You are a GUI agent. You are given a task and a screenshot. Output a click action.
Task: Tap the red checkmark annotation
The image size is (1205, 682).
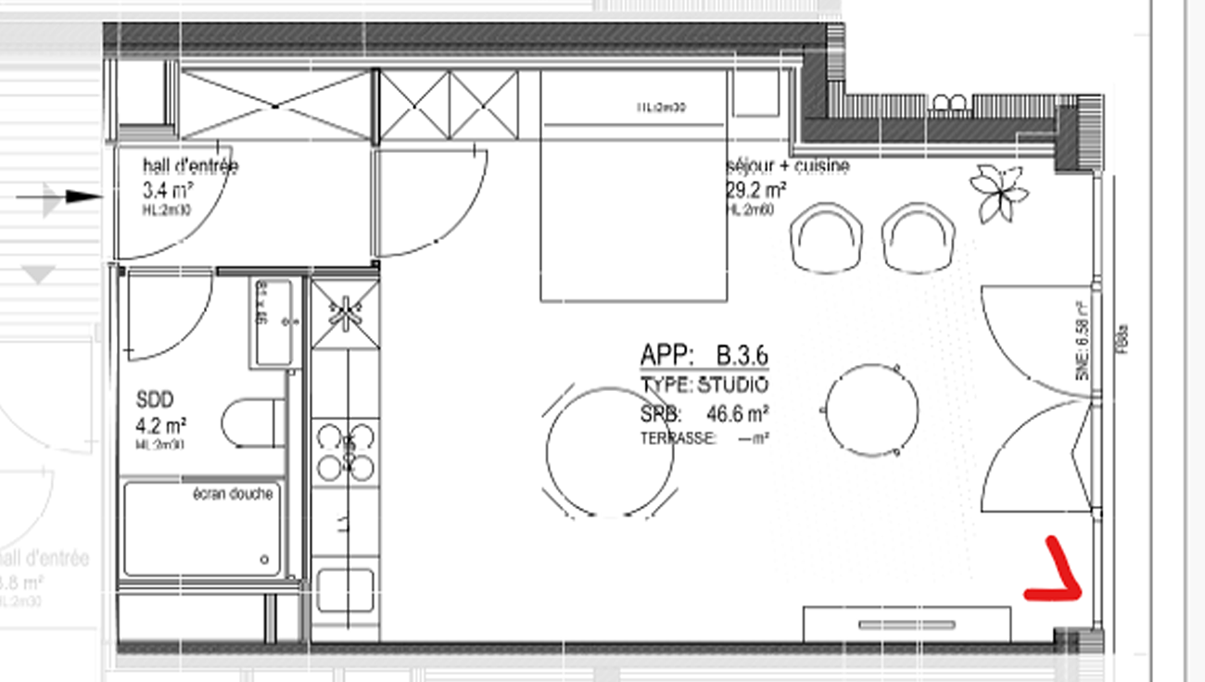coord(1054,575)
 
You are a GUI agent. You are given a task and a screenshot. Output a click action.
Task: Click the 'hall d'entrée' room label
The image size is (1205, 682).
coord(190,167)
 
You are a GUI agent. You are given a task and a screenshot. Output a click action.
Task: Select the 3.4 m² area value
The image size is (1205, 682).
coord(168,192)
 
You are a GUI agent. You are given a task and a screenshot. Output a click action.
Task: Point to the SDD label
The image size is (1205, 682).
coord(155,401)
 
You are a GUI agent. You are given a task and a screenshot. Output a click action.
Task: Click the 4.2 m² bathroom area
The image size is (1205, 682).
coord(161,425)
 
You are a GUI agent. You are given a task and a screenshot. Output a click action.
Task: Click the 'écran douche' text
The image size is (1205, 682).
coord(233,494)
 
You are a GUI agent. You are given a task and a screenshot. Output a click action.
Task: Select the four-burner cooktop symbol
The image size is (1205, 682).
coord(346,451)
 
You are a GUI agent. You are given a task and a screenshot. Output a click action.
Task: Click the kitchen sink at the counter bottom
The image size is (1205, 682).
coord(345,590)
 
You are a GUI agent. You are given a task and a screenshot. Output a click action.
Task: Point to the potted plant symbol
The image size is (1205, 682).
coord(998,193)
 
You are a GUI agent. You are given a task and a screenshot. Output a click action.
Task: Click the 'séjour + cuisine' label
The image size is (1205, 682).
coord(788,167)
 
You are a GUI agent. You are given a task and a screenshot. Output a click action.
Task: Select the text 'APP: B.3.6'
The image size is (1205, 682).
coord(704,355)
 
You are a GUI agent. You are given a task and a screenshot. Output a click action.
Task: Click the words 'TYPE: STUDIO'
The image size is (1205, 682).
coord(704,385)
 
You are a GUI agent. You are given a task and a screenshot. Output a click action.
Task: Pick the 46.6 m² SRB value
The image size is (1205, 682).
coord(738,414)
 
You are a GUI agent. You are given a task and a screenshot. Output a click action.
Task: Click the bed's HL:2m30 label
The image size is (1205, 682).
coord(661,108)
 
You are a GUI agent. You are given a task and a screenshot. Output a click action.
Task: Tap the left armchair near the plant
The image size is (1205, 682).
coord(826,238)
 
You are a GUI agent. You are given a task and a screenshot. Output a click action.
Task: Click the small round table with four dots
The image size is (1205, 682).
coord(871,409)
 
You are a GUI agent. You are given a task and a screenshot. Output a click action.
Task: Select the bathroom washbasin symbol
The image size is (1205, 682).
coord(273,322)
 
